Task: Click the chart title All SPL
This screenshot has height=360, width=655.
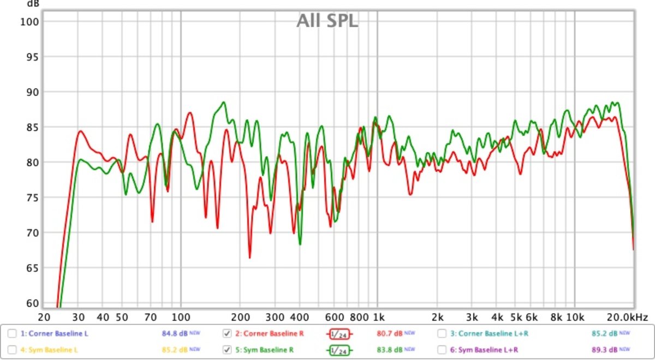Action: click(327, 21)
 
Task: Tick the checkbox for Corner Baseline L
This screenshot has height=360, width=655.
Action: click(12, 333)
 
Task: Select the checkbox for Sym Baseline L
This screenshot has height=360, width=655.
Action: click(12, 349)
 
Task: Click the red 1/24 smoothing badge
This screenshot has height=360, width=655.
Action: click(339, 334)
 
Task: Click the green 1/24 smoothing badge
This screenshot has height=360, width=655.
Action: click(339, 350)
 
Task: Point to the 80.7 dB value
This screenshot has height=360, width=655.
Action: click(389, 333)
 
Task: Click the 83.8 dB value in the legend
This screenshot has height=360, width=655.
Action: click(389, 349)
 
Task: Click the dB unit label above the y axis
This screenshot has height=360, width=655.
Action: click(33, 4)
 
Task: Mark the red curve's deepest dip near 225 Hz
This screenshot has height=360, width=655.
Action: click(250, 257)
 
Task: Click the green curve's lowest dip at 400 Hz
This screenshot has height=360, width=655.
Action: click(300, 244)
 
